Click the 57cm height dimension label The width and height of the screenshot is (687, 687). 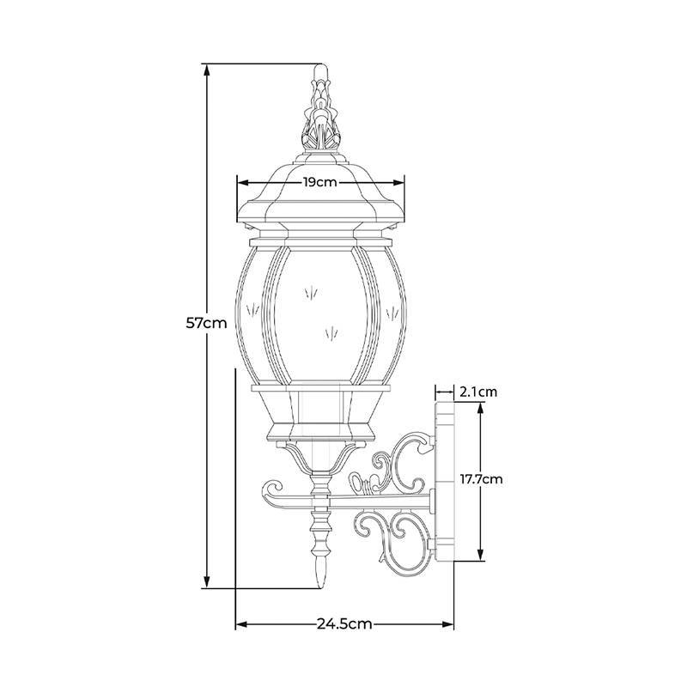207,324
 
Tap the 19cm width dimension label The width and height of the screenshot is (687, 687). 320,182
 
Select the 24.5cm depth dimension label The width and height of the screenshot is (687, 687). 344,623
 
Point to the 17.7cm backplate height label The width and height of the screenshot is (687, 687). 481,479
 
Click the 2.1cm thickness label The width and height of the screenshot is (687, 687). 478,392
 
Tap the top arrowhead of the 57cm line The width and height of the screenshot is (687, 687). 207,70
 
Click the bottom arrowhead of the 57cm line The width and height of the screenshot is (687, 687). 207,582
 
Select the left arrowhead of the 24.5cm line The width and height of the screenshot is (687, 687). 243,624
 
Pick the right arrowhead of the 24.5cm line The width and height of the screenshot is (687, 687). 447,624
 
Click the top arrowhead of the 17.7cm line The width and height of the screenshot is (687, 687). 481,410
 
